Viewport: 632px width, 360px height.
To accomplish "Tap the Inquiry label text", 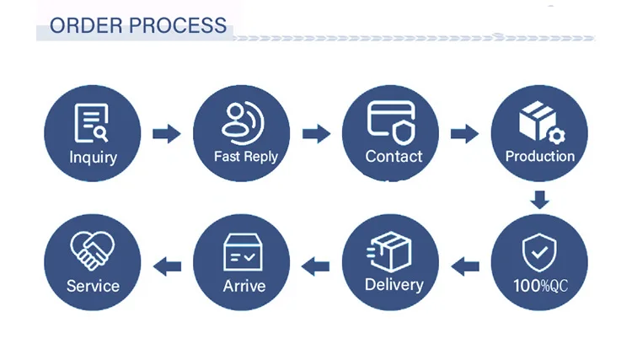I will [x=93, y=157].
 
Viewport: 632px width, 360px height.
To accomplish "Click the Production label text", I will [x=539, y=156].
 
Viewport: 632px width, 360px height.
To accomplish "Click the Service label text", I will [x=93, y=286].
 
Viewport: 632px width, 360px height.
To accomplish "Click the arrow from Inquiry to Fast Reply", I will [x=167, y=133].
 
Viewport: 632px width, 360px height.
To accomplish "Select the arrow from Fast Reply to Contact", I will [x=316, y=133].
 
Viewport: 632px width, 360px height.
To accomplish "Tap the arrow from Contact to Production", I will [x=464, y=133].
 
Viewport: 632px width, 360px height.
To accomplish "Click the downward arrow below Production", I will [x=539, y=200].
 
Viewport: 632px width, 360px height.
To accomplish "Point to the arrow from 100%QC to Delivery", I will [x=464, y=267].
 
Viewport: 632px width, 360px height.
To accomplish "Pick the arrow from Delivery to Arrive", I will [x=316, y=267].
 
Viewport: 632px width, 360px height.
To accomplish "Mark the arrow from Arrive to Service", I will [x=167, y=267].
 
